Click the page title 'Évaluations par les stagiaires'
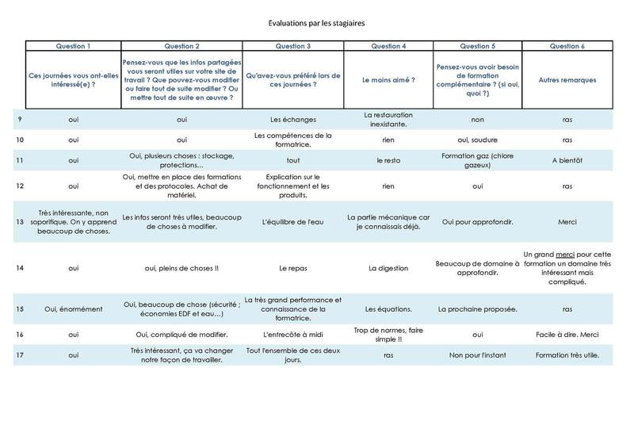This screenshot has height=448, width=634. pos(316,24)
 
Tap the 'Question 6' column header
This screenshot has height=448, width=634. pos(567,46)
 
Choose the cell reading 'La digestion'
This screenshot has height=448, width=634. pos(388,268)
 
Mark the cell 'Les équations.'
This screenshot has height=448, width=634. pos(388,309)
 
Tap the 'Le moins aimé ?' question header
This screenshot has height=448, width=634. pos(388,80)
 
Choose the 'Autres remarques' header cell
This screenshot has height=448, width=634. pos(567,80)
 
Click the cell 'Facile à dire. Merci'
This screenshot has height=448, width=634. pos(567,335)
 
